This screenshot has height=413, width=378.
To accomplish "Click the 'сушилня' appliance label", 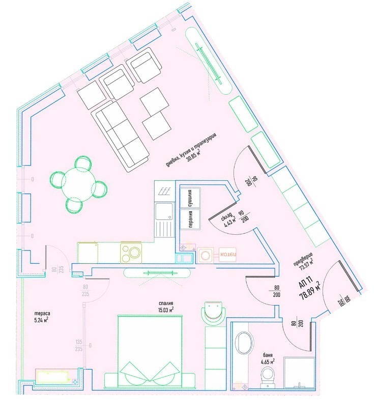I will pos(189,197).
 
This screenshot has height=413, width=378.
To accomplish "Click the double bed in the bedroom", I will pos(150,351).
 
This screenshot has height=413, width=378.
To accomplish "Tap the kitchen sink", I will pos(164,214).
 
